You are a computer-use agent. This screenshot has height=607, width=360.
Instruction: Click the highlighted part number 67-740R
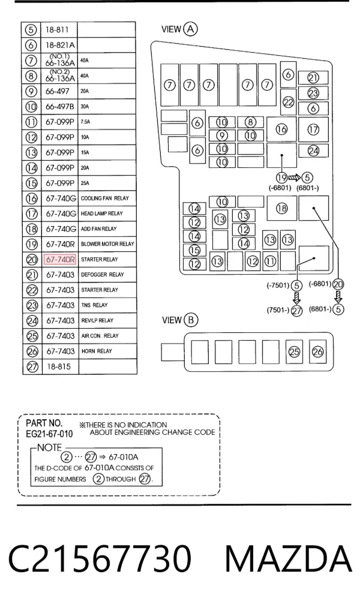pyautogui.click(x=60, y=259)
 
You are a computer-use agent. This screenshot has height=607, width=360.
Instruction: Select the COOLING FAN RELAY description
pyautogui.click(x=104, y=198)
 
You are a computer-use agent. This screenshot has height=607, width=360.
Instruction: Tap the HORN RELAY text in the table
pyautogui.click(x=97, y=351)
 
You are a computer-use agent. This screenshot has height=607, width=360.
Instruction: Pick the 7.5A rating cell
pyautogui.click(x=85, y=122)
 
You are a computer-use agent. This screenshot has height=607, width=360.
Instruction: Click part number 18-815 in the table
pyautogui.click(x=59, y=366)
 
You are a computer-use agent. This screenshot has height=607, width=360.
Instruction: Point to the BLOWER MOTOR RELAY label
pyautogui.click(x=107, y=244)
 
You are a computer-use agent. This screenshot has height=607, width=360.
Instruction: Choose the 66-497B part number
pyautogui.click(x=59, y=106)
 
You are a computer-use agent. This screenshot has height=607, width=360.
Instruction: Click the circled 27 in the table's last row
pyautogui.click(x=32, y=366)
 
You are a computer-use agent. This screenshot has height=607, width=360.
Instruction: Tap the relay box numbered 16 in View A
pyautogui.click(x=281, y=130)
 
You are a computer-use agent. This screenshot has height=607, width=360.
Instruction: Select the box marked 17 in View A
pyautogui.click(x=313, y=130)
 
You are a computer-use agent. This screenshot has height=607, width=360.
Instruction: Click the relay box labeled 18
pyautogui.click(x=282, y=208)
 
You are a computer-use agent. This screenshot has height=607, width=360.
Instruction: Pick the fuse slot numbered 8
pyautogui.click(x=250, y=122)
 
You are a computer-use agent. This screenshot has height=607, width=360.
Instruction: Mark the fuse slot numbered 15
pyautogui.click(x=194, y=251)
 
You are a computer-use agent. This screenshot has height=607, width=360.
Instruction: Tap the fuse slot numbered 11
pyautogui.click(x=270, y=261)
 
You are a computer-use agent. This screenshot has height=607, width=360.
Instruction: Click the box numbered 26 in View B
pyautogui.click(x=317, y=352)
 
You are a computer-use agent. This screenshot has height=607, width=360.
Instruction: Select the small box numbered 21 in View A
pyautogui.click(x=313, y=78)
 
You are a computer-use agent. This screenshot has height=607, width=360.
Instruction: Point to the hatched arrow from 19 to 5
pyautogui.click(x=294, y=178)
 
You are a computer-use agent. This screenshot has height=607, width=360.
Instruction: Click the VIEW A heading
pyautogui.click(x=179, y=29)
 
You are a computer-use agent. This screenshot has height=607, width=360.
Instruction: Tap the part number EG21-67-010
pyautogui.click(x=49, y=434)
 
